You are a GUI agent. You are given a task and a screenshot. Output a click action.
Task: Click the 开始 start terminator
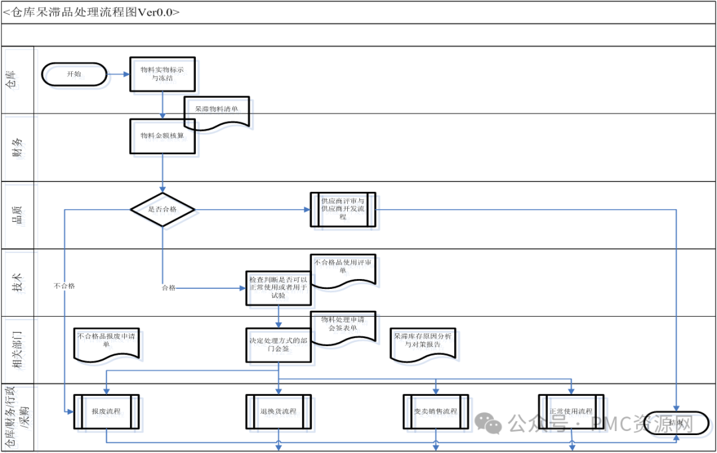click(74, 74)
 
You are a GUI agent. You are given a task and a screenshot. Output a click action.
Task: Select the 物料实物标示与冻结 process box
click(163, 74)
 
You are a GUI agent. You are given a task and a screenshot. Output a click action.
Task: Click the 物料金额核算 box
click(163, 137)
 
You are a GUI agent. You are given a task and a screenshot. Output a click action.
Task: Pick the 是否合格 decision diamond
click(163, 209)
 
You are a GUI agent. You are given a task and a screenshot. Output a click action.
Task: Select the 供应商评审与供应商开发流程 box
click(343, 209)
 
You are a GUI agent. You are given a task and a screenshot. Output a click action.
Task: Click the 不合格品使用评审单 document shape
click(343, 270)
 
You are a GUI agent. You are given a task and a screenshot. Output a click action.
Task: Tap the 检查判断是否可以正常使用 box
click(278, 288)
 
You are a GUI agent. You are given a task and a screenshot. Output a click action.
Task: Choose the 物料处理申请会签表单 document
click(343, 327)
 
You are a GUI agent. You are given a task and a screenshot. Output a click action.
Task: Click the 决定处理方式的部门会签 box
click(278, 345)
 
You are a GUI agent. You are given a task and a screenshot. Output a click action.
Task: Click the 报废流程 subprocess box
click(106, 412)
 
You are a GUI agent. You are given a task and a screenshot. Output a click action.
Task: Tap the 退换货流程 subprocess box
click(278, 412)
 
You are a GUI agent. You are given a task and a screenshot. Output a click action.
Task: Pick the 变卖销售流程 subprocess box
click(436, 412)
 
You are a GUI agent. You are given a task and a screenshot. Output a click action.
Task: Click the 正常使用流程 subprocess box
click(571, 412)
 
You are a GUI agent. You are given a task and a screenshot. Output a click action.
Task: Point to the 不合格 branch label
click(64, 286)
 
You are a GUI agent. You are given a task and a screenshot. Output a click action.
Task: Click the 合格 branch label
click(169, 288)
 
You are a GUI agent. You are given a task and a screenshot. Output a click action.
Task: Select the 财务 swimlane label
click(19, 147)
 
